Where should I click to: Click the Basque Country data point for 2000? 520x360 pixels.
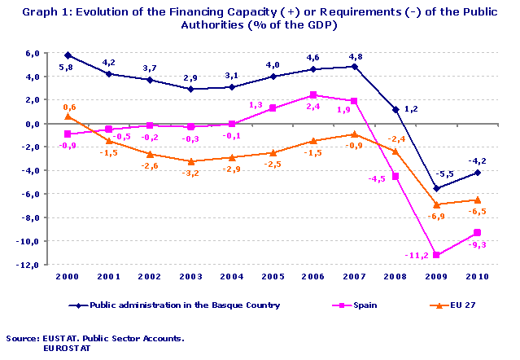click(68, 55)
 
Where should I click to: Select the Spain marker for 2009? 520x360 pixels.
click(437, 256)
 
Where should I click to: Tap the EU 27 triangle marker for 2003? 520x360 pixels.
click(190, 161)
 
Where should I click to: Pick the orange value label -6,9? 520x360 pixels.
click(436, 216)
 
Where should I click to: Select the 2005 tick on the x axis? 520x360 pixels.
click(273, 277)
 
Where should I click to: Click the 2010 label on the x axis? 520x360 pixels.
click(478, 277)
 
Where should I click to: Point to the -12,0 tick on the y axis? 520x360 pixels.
click(30, 266)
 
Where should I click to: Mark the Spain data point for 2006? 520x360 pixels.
click(314, 95)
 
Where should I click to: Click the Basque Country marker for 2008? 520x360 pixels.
click(395, 109)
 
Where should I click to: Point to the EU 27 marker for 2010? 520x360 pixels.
click(478, 200)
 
